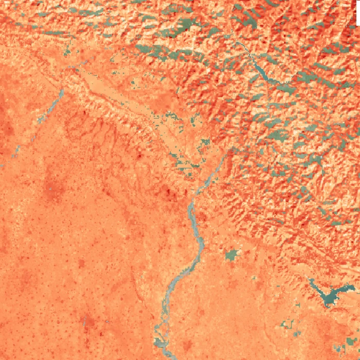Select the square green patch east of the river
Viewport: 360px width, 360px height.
tap(232, 255)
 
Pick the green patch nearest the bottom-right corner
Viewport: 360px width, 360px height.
tap(352, 341)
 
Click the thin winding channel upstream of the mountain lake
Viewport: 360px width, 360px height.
tap(242, 46)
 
